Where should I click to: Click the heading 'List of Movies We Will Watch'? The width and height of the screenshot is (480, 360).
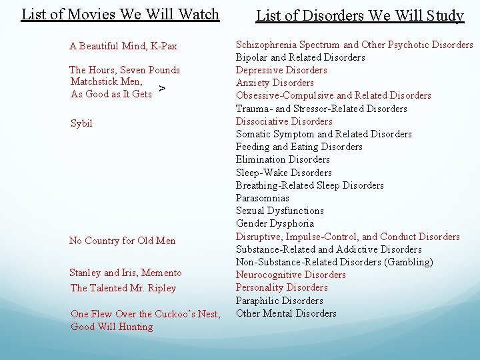pyautogui.click(x=120, y=14)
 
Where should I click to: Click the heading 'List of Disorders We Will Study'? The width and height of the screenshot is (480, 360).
pyautogui.click(x=360, y=16)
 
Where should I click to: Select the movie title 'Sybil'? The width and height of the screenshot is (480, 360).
pyautogui.click(x=81, y=123)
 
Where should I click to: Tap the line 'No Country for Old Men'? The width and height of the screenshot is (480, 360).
pyautogui.click(x=123, y=241)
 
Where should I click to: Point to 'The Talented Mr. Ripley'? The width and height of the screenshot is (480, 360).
pyautogui.click(x=123, y=288)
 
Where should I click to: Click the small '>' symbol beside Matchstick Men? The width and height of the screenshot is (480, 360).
pyautogui.click(x=163, y=88)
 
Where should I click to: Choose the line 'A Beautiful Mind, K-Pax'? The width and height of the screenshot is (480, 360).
pyautogui.click(x=123, y=46)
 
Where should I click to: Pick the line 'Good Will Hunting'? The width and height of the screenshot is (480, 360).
pyautogui.click(x=112, y=327)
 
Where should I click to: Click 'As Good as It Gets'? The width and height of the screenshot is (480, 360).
pyautogui.click(x=111, y=94)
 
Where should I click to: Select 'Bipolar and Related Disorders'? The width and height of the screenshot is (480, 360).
pyautogui.click(x=301, y=57)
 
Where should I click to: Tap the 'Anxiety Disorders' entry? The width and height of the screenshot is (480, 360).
pyautogui.click(x=275, y=83)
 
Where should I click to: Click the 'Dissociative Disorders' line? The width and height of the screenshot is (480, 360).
pyautogui.click(x=284, y=121)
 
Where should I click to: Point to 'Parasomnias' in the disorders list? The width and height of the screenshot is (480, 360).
pyautogui.click(x=263, y=198)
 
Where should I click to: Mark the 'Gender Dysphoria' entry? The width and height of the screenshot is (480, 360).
pyautogui.click(x=275, y=223)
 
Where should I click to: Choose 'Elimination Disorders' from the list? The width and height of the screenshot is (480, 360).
pyautogui.click(x=283, y=159)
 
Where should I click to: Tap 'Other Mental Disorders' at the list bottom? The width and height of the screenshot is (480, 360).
pyautogui.click(x=286, y=313)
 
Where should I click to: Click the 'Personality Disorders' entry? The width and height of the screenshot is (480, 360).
pyautogui.click(x=282, y=287)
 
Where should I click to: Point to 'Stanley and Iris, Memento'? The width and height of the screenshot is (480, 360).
pyautogui.click(x=125, y=273)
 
